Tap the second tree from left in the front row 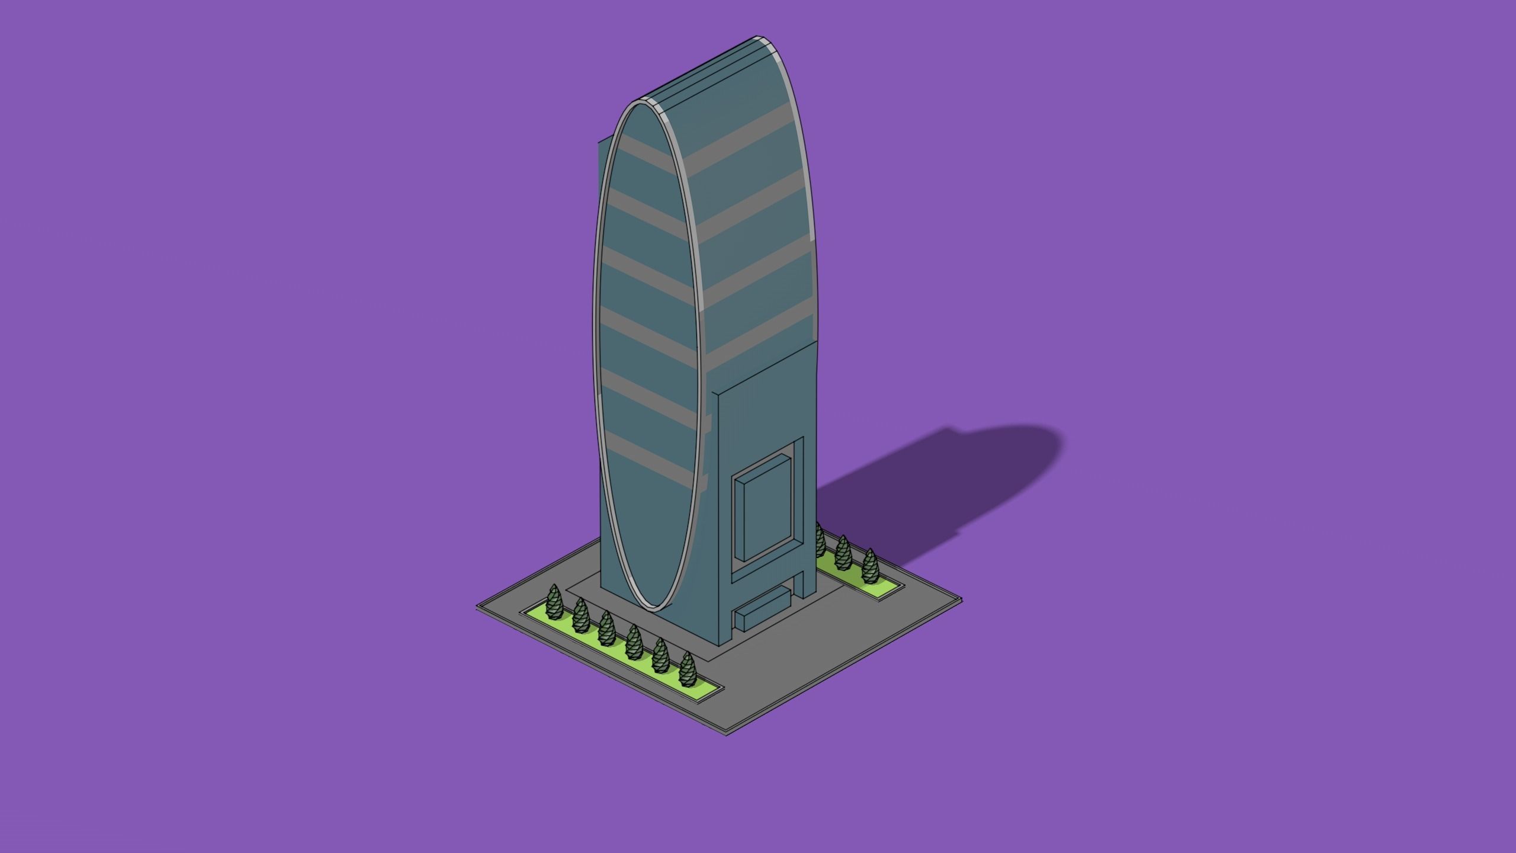tap(580, 616)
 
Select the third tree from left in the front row tap(606, 629)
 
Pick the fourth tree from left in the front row tap(634, 642)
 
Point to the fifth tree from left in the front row tap(660, 656)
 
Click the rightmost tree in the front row tap(687, 669)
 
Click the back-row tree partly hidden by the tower tap(820, 540)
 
